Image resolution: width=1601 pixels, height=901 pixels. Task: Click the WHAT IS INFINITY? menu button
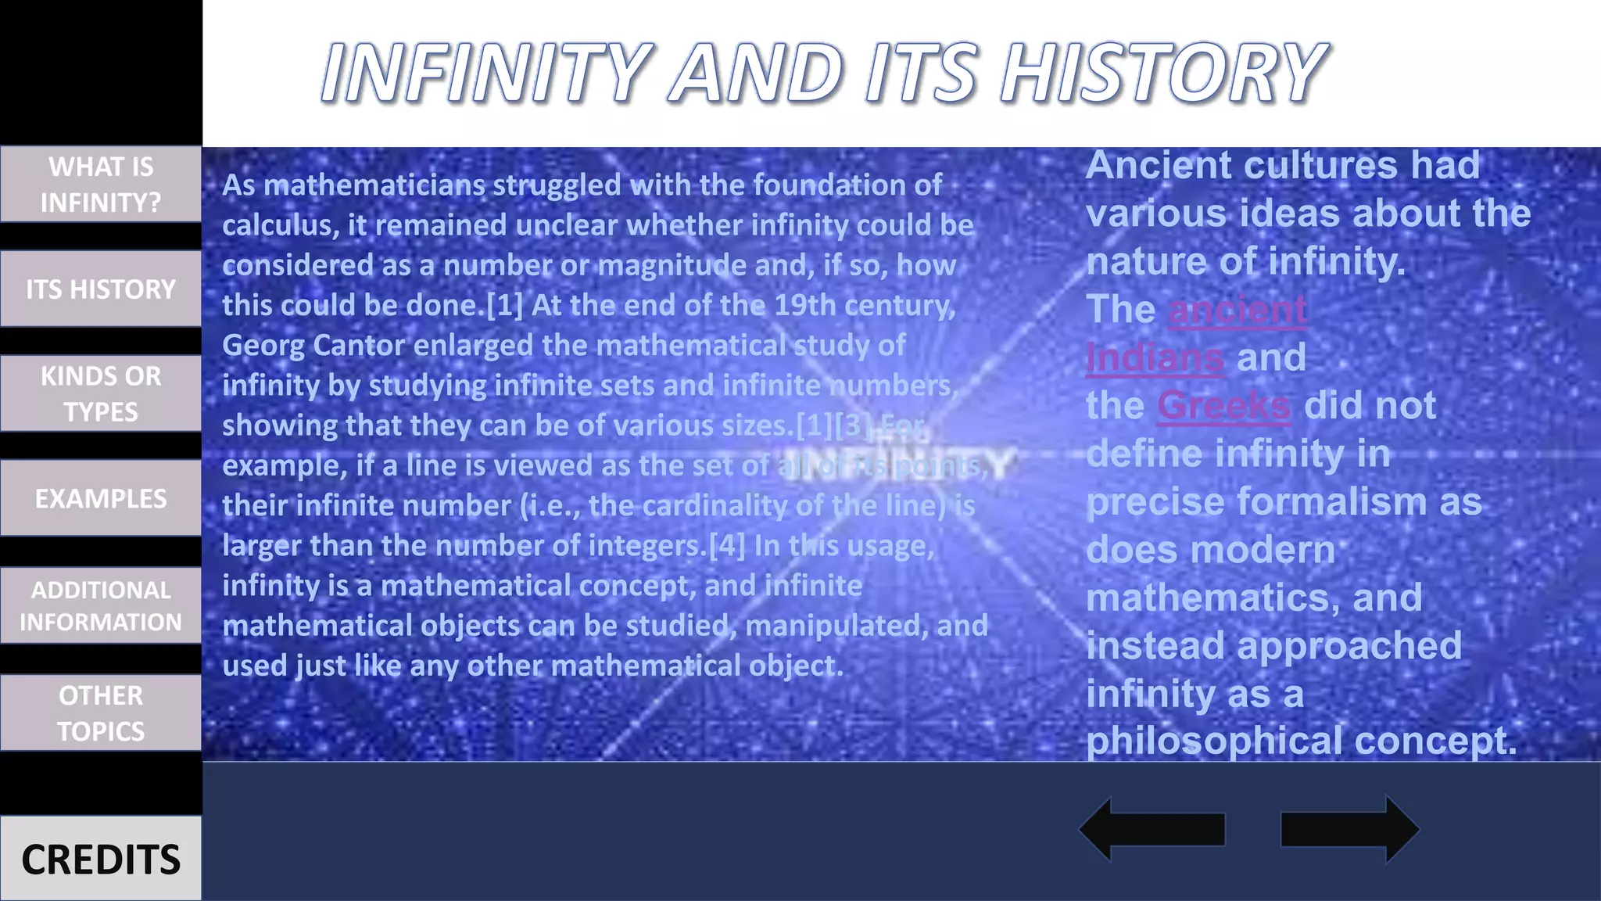click(101, 185)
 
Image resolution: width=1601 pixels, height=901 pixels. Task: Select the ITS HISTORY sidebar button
click(101, 289)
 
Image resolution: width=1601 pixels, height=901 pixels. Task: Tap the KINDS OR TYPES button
click(101, 393)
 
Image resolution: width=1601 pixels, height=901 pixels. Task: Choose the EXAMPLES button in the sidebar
click(101, 498)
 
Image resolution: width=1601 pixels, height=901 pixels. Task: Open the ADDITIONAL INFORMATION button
click(101, 605)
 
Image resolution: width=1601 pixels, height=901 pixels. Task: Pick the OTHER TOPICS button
click(101, 713)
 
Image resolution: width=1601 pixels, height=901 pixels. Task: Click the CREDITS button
click(101, 859)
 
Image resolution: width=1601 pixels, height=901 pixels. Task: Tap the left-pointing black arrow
click(1152, 830)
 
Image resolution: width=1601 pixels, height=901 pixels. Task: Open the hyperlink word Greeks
click(1223, 406)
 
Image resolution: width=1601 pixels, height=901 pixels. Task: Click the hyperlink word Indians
click(1155, 358)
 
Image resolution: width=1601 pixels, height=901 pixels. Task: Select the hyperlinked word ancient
click(1237, 310)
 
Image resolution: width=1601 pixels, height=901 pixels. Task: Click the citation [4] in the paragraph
click(727, 545)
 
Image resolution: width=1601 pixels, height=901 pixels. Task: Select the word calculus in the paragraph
click(279, 226)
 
